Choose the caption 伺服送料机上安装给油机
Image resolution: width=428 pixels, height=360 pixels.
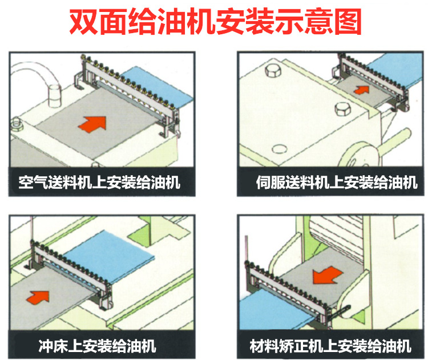pyautogui.click(x=337, y=183)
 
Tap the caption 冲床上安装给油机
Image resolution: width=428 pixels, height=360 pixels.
pyautogui.click(x=98, y=345)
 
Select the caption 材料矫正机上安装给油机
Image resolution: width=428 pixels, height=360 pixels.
pyautogui.click(x=330, y=345)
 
